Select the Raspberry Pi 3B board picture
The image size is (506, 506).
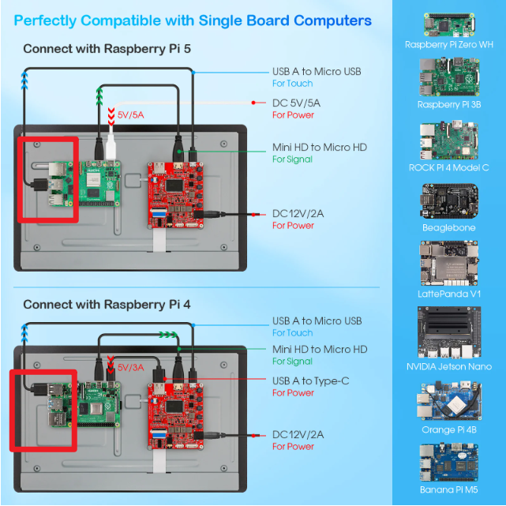[x=448, y=77]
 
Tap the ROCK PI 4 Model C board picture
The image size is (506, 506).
[x=448, y=141]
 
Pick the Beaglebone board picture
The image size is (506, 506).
[x=448, y=202]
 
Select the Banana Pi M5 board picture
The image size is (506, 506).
[x=448, y=462]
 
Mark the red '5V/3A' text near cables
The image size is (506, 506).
[x=132, y=368]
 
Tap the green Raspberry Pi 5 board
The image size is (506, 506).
[x=99, y=189]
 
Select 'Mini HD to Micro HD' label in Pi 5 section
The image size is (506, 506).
[x=320, y=147]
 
